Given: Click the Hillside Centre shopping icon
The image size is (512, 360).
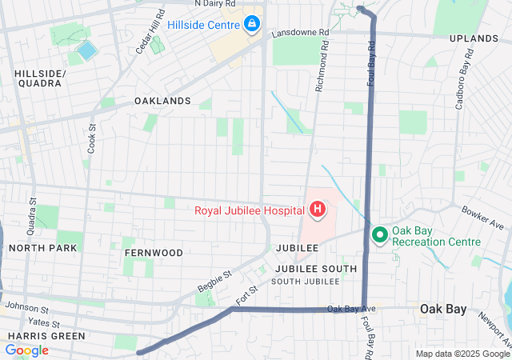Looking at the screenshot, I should [x=252, y=25].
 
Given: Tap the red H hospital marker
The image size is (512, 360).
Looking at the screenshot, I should [x=318, y=211].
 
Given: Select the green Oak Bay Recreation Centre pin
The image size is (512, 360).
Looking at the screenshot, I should [x=378, y=235].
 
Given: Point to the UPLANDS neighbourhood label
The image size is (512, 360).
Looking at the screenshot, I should [x=474, y=38].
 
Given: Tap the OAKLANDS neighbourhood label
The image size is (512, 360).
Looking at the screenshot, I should [x=162, y=101].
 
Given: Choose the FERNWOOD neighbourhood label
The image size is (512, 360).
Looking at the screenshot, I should [x=154, y=253].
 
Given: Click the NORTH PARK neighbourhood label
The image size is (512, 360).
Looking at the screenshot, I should [x=43, y=248].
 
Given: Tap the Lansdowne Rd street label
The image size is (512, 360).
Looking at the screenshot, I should [x=300, y=33].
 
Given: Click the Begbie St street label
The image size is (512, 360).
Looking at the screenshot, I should [x=214, y=281].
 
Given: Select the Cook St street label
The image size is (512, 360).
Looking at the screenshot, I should [x=92, y=138].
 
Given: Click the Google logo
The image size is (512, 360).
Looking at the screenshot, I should [x=27, y=350].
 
